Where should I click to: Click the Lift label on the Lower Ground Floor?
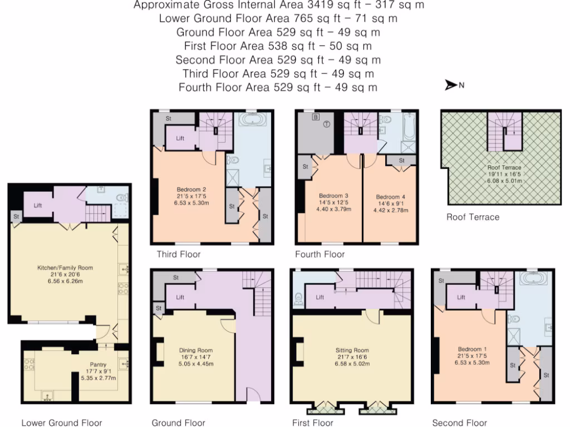(38, 205)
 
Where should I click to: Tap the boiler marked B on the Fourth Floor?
(315, 117)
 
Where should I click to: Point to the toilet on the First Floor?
(299, 298)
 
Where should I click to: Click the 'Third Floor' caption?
(178, 254)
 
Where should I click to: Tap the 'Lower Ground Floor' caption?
(62, 423)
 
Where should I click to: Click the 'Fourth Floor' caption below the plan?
(320, 254)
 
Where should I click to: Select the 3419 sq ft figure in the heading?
(304, 6)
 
